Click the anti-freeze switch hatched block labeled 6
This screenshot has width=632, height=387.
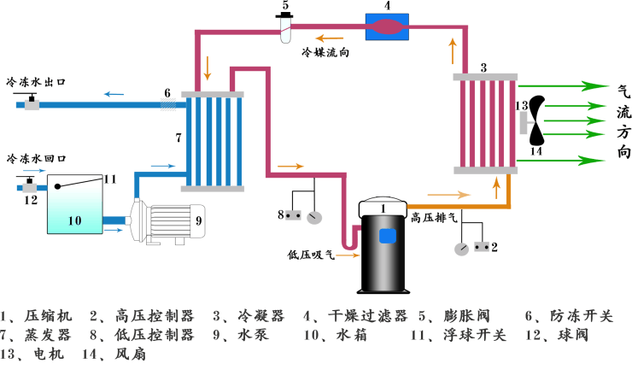coord(169,104)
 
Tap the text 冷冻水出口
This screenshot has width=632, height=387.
coord(36,83)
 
